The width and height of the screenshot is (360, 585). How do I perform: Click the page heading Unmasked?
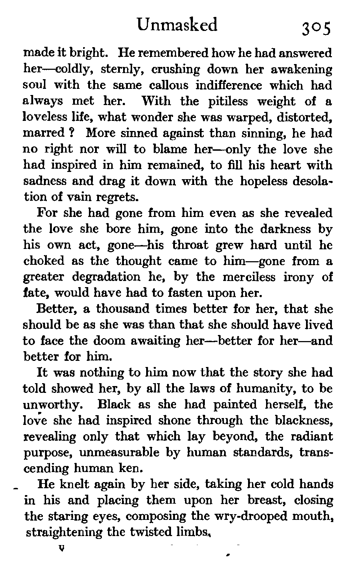(178, 25)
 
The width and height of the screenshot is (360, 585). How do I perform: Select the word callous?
(168, 85)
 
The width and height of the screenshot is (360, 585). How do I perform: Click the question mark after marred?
(71, 133)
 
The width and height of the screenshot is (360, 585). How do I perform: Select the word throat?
(190, 245)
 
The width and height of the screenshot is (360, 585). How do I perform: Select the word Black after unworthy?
(114, 404)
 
